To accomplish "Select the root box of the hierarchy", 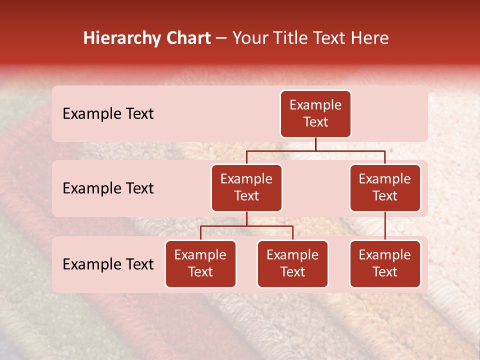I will point(315,114).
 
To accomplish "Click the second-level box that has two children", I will point(246,188).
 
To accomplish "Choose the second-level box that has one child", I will point(385,188).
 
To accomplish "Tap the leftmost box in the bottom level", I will point(200,264).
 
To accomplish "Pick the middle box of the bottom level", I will point(292,264).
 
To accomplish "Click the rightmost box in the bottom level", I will point(385,264).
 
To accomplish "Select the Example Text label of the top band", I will point(108,114).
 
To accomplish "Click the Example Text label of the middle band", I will point(108,188).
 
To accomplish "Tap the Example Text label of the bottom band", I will point(108,264).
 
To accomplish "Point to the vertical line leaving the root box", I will point(315,144).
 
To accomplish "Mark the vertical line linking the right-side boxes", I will point(385,226).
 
